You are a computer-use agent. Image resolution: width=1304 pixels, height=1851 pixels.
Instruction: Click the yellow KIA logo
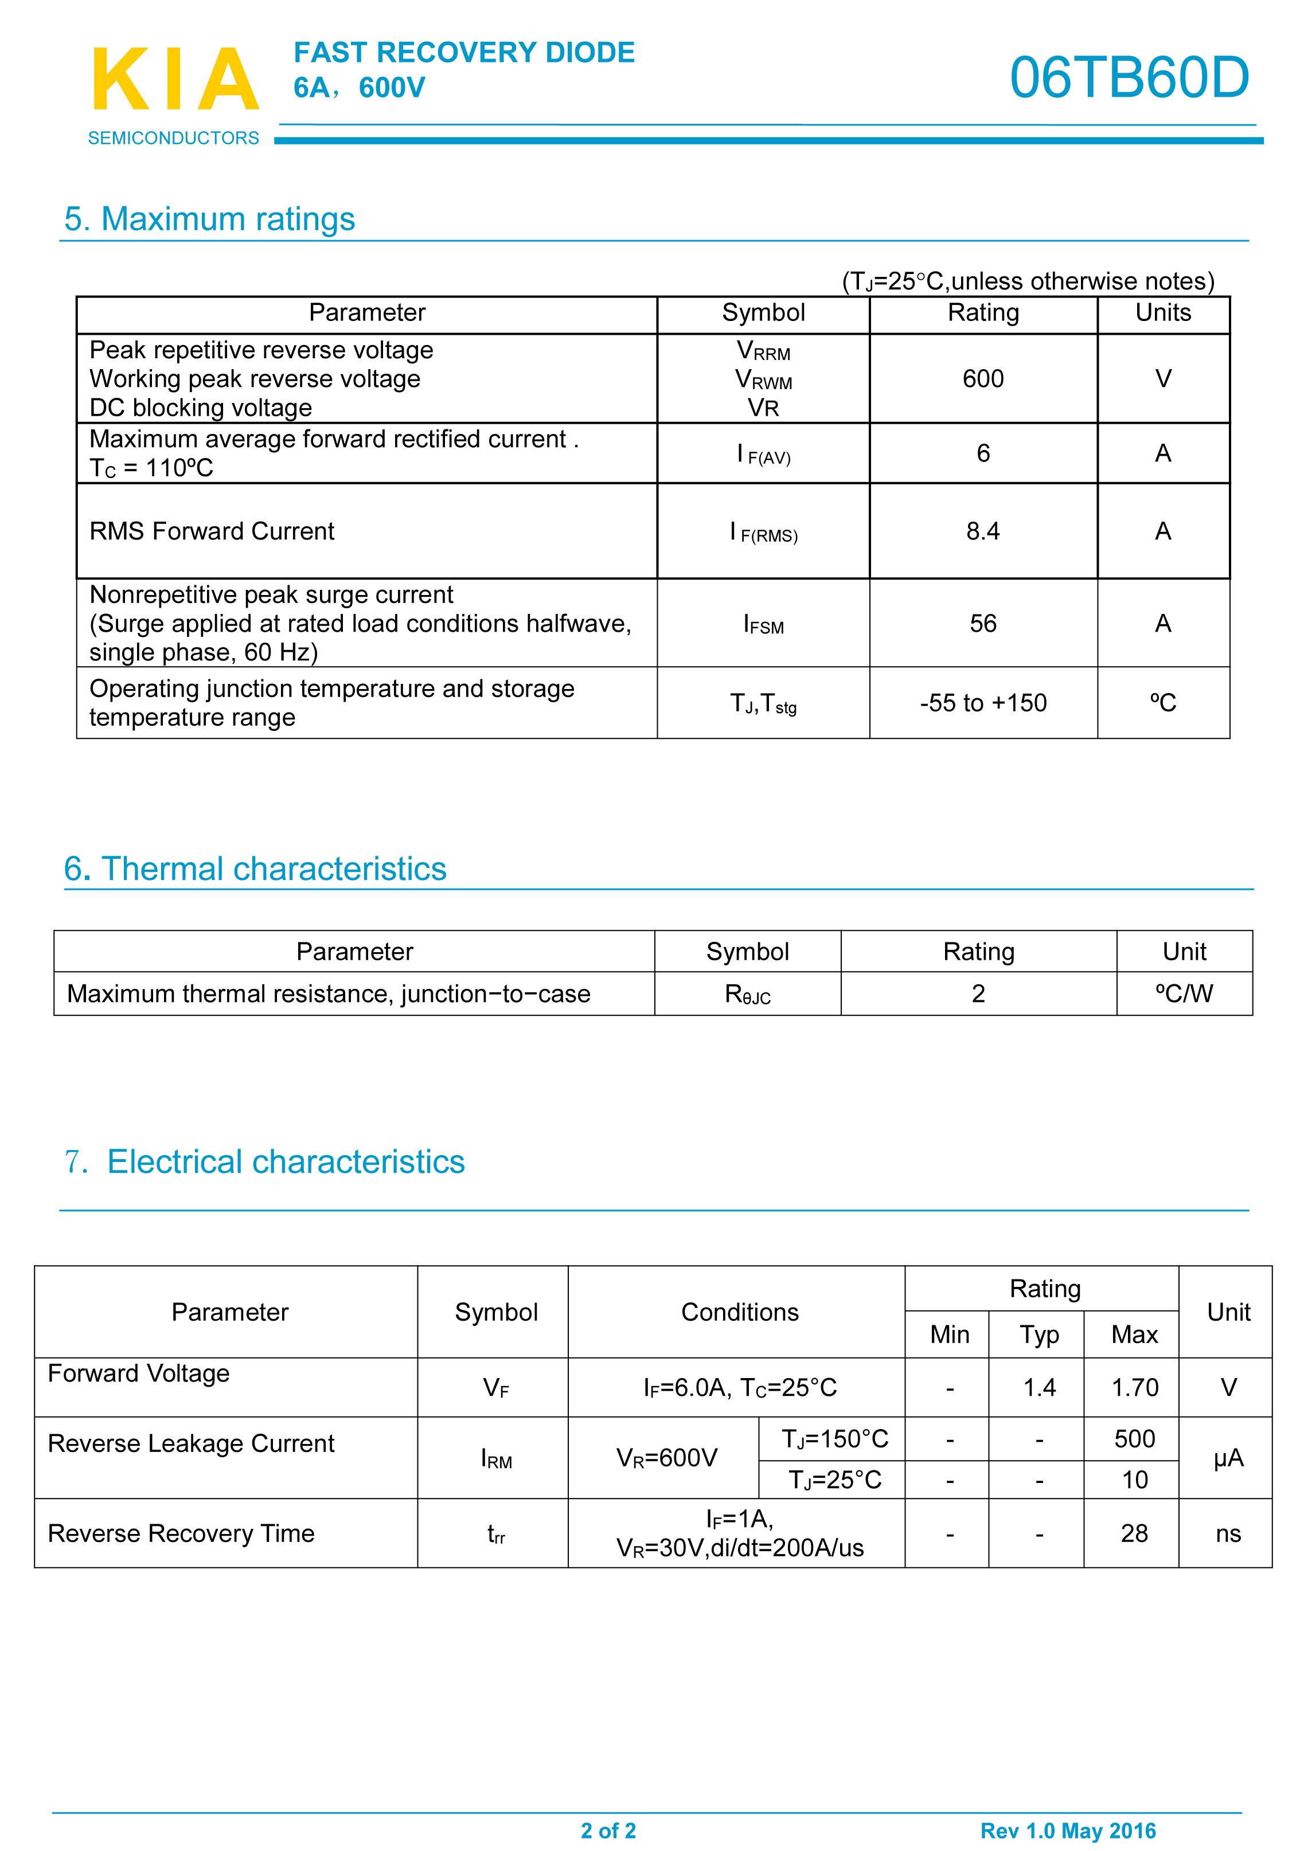click(x=175, y=79)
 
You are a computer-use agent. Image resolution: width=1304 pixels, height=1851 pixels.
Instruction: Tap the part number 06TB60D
click(x=1129, y=78)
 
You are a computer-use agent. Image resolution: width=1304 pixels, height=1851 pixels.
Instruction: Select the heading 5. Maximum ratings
click(x=210, y=220)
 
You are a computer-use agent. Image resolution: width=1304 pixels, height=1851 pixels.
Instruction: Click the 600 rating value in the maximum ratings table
click(x=982, y=379)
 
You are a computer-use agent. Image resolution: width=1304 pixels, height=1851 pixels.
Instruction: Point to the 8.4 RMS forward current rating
click(x=982, y=531)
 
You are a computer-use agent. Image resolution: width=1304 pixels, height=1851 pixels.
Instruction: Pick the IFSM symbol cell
click(x=763, y=624)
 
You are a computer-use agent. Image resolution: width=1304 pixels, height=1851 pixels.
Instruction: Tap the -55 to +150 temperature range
click(x=982, y=703)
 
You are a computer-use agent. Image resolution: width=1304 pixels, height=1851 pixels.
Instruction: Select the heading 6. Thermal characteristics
click(x=255, y=869)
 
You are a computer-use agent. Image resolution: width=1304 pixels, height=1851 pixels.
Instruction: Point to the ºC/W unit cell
click(x=1184, y=993)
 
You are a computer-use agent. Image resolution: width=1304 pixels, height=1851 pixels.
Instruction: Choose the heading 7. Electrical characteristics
click(x=264, y=1162)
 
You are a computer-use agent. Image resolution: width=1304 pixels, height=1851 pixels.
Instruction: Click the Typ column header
click(x=1038, y=1335)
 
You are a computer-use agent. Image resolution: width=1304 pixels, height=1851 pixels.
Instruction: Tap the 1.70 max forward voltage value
click(x=1134, y=1387)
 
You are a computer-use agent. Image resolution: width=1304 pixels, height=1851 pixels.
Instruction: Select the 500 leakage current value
click(x=1134, y=1439)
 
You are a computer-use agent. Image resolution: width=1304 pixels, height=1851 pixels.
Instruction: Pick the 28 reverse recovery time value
click(x=1134, y=1533)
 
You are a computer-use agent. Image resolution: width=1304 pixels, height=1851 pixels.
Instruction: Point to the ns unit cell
click(x=1227, y=1533)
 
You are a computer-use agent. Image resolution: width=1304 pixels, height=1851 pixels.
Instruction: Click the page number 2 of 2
click(x=608, y=1831)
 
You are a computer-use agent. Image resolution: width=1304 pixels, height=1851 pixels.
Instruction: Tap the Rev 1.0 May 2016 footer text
click(x=1068, y=1831)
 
